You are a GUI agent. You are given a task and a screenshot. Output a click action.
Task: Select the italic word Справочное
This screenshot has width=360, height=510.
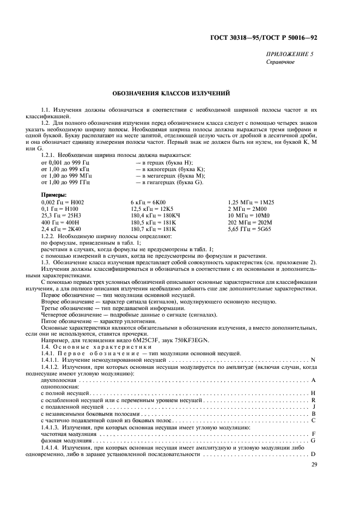pyautogui.click(x=280, y=62)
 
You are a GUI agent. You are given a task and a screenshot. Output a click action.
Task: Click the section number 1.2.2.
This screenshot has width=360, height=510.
pyautogui.click(x=48, y=235)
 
